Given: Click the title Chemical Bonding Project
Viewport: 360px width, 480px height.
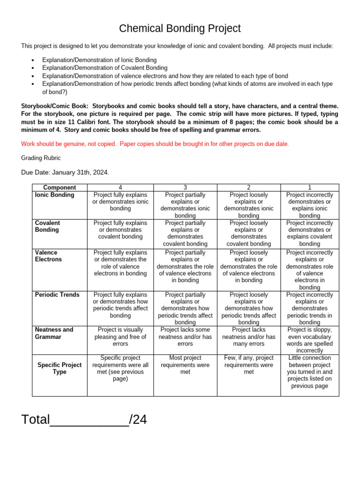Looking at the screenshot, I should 180,29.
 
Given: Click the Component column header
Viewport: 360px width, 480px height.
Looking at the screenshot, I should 59,187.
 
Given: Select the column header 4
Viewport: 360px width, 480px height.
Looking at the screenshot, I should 120,187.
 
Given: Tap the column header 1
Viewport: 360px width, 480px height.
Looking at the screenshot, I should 309,187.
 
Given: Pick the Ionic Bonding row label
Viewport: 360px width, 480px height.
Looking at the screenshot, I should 54,195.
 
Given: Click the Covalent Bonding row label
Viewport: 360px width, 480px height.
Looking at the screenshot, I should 47,226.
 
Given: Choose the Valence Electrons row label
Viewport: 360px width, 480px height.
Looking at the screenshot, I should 48,256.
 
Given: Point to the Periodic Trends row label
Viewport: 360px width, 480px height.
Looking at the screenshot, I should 57,295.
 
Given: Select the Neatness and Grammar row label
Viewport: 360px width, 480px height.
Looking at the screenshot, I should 54,333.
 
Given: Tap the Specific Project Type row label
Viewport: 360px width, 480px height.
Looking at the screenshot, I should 59,368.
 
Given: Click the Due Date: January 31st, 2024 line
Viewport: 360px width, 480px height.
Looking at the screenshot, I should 65,172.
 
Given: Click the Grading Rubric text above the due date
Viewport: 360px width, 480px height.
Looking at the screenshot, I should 41,158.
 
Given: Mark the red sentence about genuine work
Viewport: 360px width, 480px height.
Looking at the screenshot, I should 155,144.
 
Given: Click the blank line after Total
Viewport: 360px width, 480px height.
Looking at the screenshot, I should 89,420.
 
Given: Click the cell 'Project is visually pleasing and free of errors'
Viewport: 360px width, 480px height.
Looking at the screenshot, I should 120,337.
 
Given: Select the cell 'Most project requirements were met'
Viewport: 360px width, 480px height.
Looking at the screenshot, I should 185,365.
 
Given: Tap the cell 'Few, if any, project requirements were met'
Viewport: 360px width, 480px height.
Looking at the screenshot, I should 248,365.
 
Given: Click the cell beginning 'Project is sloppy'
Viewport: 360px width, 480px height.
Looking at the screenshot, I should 309,340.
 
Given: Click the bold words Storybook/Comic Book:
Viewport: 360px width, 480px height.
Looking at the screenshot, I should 54,106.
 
